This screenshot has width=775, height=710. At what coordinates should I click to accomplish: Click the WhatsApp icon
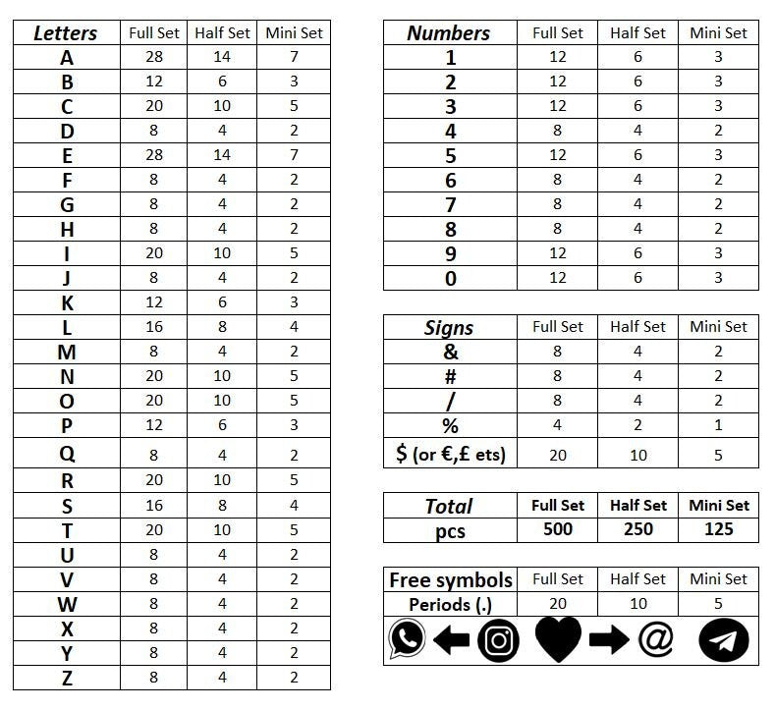click(x=407, y=639)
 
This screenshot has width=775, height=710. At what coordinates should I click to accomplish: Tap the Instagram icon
click(x=499, y=640)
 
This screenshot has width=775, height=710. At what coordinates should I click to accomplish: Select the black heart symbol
click(x=558, y=639)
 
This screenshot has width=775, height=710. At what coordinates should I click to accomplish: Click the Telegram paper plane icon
click(x=724, y=640)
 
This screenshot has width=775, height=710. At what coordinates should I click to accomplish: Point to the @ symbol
click(x=655, y=639)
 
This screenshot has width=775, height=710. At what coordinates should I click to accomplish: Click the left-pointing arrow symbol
click(x=451, y=640)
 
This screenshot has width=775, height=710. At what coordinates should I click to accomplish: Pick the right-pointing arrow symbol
click(x=609, y=640)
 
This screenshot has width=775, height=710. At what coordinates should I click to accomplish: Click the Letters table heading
click(x=66, y=32)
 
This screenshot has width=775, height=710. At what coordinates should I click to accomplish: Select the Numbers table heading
click(x=448, y=32)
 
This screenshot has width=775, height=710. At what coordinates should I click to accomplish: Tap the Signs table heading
click(x=449, y=327)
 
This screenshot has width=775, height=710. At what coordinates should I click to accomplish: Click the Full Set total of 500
click(x=558, y=529)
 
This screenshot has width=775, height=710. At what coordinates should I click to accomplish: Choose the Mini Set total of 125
click(x=719, y=529)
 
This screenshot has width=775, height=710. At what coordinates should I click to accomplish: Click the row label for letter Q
click(x=67, y=455)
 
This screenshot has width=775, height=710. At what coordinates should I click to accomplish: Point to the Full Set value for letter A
click(x=153, y=57)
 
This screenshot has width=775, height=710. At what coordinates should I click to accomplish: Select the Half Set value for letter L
click(x=222, y=327)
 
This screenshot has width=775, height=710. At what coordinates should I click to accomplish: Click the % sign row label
click(x=451, y=425)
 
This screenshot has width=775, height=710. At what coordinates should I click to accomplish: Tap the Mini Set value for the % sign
click(x=719, y=425)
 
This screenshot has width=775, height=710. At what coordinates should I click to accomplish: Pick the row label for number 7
click(x=451, y=204)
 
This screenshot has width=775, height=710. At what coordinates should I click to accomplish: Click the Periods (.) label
click(x=450, y=604)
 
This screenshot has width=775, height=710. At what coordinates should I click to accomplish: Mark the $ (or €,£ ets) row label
click(x=451, y=454)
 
